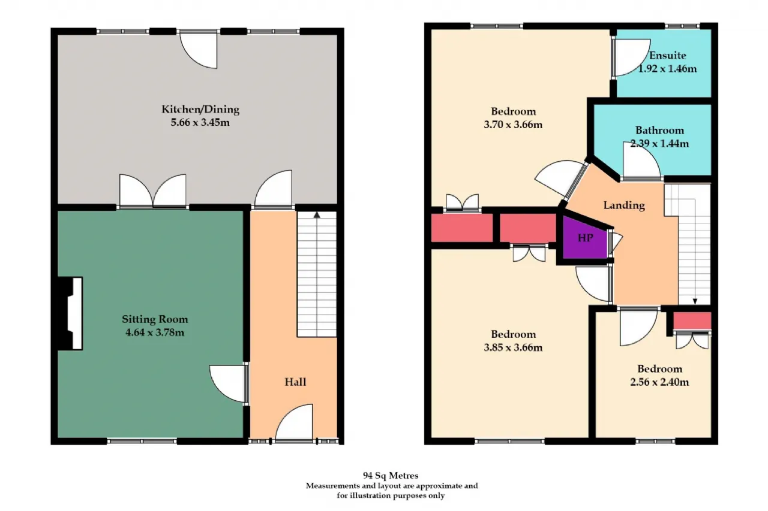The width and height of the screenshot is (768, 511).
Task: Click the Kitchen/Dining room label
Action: click(200, 110)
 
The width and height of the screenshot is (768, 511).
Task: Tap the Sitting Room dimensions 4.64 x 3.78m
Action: click(155, 332)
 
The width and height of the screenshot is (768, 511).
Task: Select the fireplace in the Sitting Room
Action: click(70, 313)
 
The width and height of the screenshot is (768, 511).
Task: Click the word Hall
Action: click(295, 382)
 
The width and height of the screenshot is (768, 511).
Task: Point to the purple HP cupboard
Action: click(585, 238)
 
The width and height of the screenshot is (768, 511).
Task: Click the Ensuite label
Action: click(668, 56)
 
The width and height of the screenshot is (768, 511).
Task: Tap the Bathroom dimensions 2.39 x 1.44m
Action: click(659, 143)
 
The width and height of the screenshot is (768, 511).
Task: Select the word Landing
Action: click(624, 205)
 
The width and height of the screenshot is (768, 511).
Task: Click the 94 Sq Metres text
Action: click(391, 476)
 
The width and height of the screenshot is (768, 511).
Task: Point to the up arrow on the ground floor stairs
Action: click(317, 215)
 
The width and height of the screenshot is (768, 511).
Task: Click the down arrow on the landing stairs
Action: click(695, 301)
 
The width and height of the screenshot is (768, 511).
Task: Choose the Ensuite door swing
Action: click(631, 58)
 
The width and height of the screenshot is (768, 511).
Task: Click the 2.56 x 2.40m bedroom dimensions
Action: click(659, 382)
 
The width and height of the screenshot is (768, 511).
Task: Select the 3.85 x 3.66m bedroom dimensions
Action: click(513, 347)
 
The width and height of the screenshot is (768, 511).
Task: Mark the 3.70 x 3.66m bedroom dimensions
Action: click(513, 125)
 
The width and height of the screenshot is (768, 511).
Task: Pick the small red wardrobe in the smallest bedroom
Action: click(692, 321)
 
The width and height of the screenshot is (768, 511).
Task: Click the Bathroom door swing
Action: click(641, 160)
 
